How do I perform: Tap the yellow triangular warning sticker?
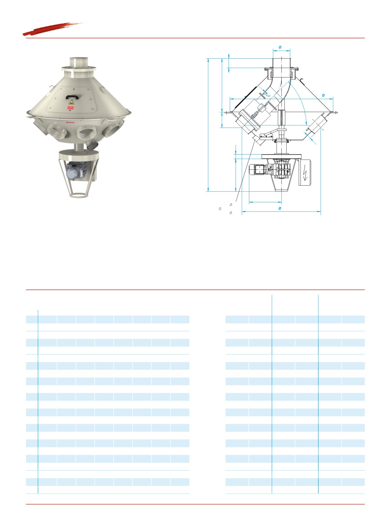[71, 102]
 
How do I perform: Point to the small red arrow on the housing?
[71, 122]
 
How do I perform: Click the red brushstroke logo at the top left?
[54, 29]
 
